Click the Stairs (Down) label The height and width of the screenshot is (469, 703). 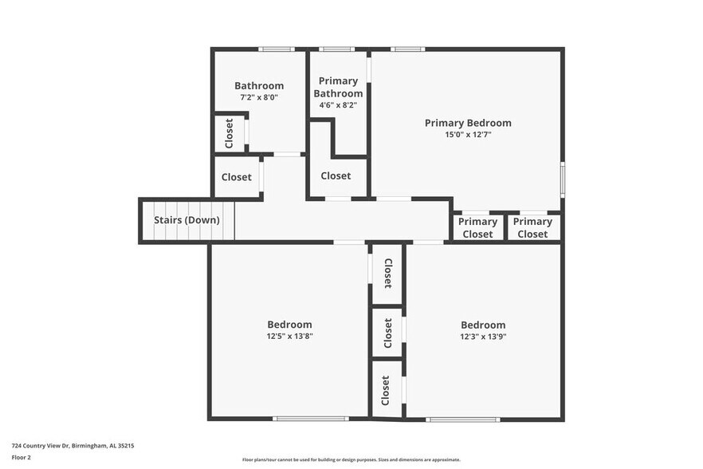click(x=187, y=220)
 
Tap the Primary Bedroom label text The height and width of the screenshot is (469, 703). click(x=468, y=123)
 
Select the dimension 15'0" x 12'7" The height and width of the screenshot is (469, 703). click(x=468, y=135)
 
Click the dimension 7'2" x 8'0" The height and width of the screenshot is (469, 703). click(x=259, y=97)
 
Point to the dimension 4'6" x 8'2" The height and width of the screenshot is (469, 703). click(x=338, y=104)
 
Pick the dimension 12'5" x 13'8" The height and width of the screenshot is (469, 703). click(x=289, y=336)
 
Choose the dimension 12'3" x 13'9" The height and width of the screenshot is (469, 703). click(x=483, y=337)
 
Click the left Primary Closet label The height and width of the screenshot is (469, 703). click(x=477, y=228)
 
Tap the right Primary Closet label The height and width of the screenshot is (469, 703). click(x=532, y=228)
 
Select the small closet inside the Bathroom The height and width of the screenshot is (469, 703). click(x=230, y=133)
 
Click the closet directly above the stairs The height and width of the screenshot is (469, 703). click(x=236, y=177)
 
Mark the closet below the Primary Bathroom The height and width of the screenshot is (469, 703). click(x=336, y=175)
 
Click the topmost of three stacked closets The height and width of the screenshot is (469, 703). click(x=387, y=274)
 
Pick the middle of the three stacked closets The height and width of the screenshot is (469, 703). click(x=387, y=333)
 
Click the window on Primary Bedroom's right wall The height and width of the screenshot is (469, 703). click(x=563, y=179)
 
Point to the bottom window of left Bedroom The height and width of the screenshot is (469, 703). click(x=310, y=419)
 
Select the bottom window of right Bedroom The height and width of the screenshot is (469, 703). click(x=462, y=419)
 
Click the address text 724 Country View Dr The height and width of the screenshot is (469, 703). click(x=73, y=446)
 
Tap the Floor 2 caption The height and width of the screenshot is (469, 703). click(x=22, y=458)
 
